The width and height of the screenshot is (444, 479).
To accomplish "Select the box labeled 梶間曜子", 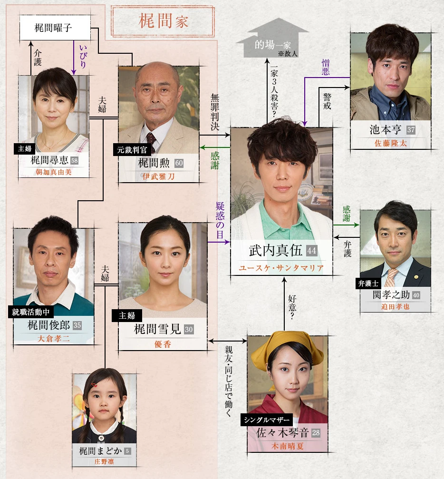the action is point(55,28).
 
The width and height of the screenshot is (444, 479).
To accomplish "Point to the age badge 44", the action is point(312,251).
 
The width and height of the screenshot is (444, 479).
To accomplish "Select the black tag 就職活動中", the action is point(33,312).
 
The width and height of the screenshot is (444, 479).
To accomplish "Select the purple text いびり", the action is point(83,56).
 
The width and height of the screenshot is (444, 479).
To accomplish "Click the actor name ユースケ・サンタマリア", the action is point(281,268).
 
